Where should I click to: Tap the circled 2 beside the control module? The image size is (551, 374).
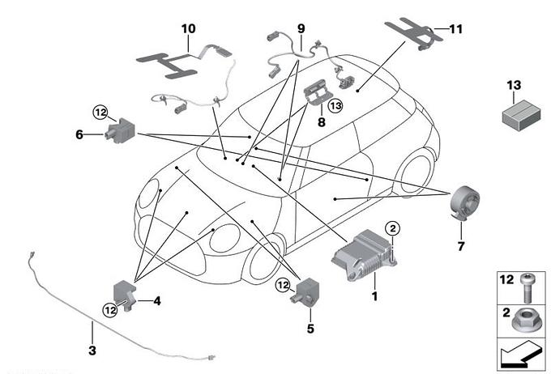point(392,229)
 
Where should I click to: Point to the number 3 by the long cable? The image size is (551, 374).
point(92,351)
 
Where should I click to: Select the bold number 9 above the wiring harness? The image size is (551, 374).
point(301,28)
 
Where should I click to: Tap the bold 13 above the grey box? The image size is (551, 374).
point(515,86)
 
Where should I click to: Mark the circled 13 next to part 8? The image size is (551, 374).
point(335,104)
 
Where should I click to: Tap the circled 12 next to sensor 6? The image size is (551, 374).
point(100,112)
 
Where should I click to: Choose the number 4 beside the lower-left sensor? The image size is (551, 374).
point(157,301)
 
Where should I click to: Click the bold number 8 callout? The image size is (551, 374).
point(322,123)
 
